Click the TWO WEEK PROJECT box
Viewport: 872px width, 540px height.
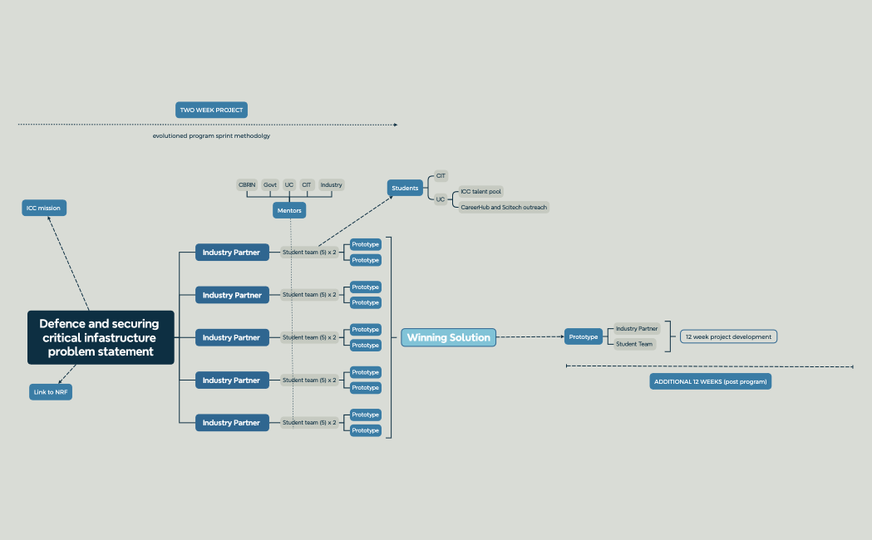211,110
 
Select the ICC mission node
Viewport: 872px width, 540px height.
44,208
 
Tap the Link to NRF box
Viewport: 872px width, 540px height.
51,391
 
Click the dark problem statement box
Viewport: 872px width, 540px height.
101,337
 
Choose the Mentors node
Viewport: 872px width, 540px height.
289,210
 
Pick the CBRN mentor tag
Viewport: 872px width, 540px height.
247,185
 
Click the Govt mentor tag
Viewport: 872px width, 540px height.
270,185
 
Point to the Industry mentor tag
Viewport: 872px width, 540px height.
331,185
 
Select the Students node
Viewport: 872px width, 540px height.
405,188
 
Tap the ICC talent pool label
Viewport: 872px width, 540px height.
481,192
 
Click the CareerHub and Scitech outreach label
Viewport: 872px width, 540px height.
504,207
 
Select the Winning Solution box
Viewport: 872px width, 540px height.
448,337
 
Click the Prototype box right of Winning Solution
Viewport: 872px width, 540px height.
584,336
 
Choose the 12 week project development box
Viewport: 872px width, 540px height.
728,336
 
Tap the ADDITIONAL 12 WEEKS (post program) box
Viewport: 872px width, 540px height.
710,381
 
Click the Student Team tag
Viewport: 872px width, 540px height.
634,344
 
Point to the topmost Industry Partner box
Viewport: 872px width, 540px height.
232,253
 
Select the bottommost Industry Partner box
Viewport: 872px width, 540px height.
232,423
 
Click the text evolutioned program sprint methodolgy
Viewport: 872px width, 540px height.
211,135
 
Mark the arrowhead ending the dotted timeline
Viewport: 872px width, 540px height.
396,125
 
